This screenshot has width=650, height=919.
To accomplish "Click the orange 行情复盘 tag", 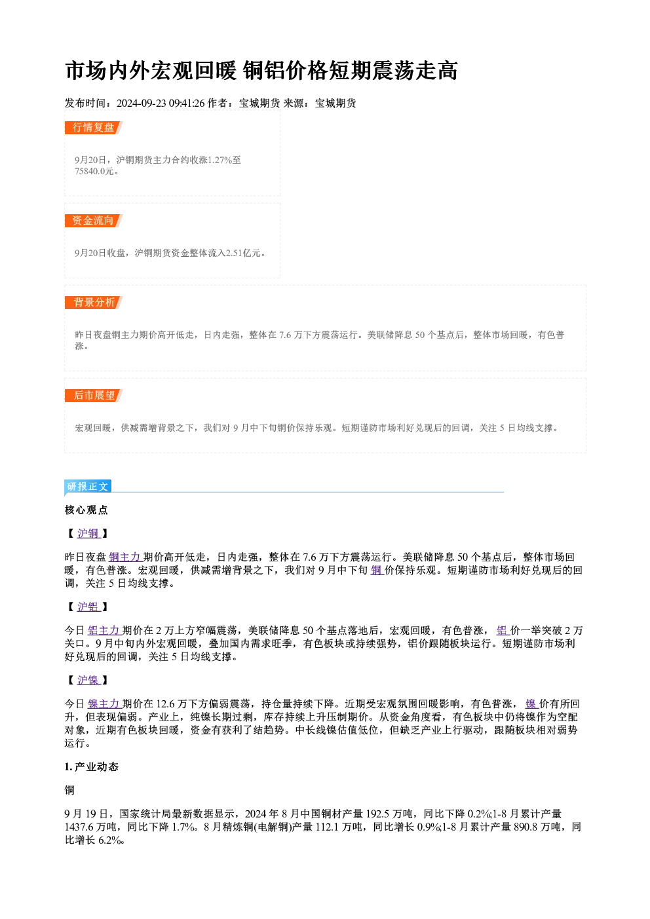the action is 94,128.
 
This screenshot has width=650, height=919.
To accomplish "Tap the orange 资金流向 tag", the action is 94,221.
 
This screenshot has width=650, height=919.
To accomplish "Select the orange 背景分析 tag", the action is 94,303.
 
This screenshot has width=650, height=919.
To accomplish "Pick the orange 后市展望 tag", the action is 94,396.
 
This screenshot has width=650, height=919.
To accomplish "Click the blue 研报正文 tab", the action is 88,487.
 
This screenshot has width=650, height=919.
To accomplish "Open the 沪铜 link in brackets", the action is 88,533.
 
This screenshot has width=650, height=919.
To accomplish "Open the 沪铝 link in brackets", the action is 88,607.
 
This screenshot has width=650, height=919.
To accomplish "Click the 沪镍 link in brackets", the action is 88,680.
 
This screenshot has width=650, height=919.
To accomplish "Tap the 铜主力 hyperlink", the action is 125,557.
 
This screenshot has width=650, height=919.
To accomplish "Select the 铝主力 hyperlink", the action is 104,631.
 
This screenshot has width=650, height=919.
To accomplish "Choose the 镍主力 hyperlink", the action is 104,704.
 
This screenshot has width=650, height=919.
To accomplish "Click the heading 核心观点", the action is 86,510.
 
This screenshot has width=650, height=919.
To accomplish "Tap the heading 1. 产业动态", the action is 92,767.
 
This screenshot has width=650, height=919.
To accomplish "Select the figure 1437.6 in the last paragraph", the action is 79,827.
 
